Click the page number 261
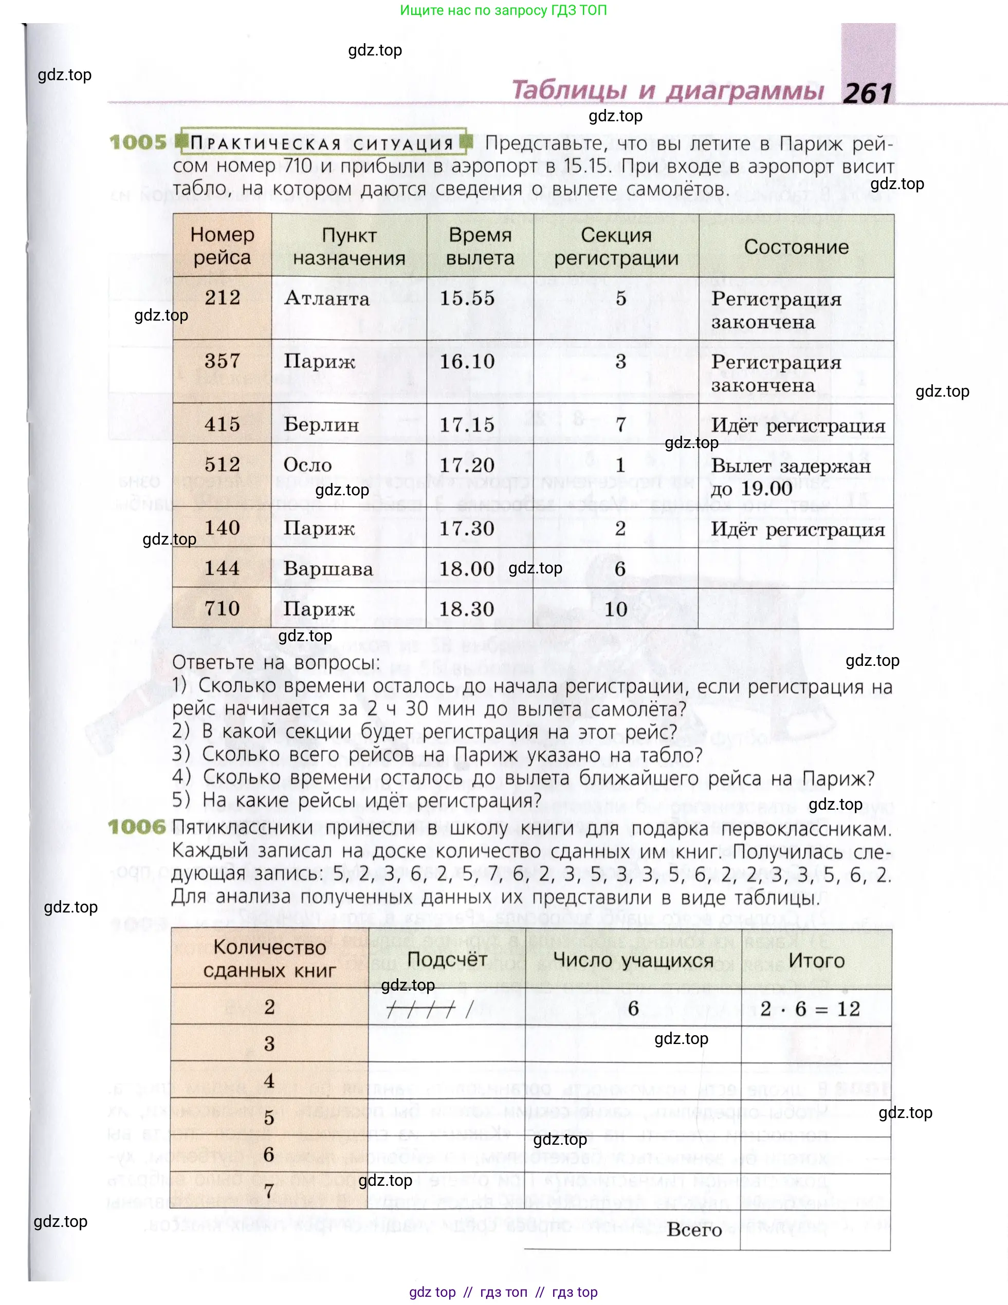867,94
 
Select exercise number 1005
138,143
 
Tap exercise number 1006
137,827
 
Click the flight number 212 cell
223,297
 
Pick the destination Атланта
327,298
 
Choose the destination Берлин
321,425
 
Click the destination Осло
307,465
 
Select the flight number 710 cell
223,608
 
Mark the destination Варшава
328,569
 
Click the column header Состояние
796,247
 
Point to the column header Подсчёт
447,959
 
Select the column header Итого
816,960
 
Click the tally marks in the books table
429,1010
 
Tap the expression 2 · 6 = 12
810,1009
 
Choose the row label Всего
694,1231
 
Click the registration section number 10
616,609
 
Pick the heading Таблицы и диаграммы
668,91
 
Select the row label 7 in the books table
269,1191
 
